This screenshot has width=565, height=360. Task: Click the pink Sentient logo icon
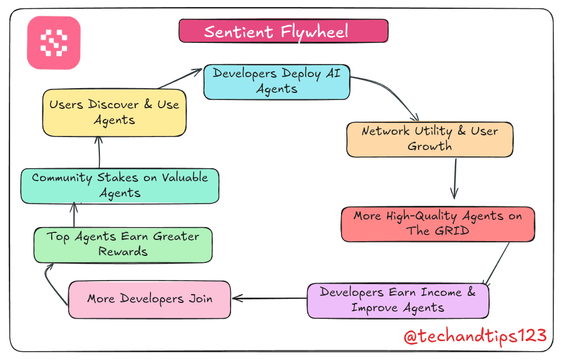[54, 43]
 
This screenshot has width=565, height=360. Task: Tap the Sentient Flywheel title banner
[283, 31]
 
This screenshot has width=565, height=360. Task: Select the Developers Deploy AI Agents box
[276, 82]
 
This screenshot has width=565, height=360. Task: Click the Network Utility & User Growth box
[430, 139]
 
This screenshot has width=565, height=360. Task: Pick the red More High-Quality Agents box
[437, 224]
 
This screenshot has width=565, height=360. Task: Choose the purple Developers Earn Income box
[398, 300]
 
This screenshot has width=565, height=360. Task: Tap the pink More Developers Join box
[149, 299]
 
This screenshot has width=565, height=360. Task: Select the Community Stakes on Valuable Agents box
[120, 185]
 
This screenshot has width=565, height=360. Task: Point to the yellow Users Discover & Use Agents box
[114, 112]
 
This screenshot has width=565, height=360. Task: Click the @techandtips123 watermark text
[475, 336]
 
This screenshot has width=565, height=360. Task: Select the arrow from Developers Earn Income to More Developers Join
[269, 298]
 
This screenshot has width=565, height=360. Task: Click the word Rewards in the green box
[123, 252]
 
